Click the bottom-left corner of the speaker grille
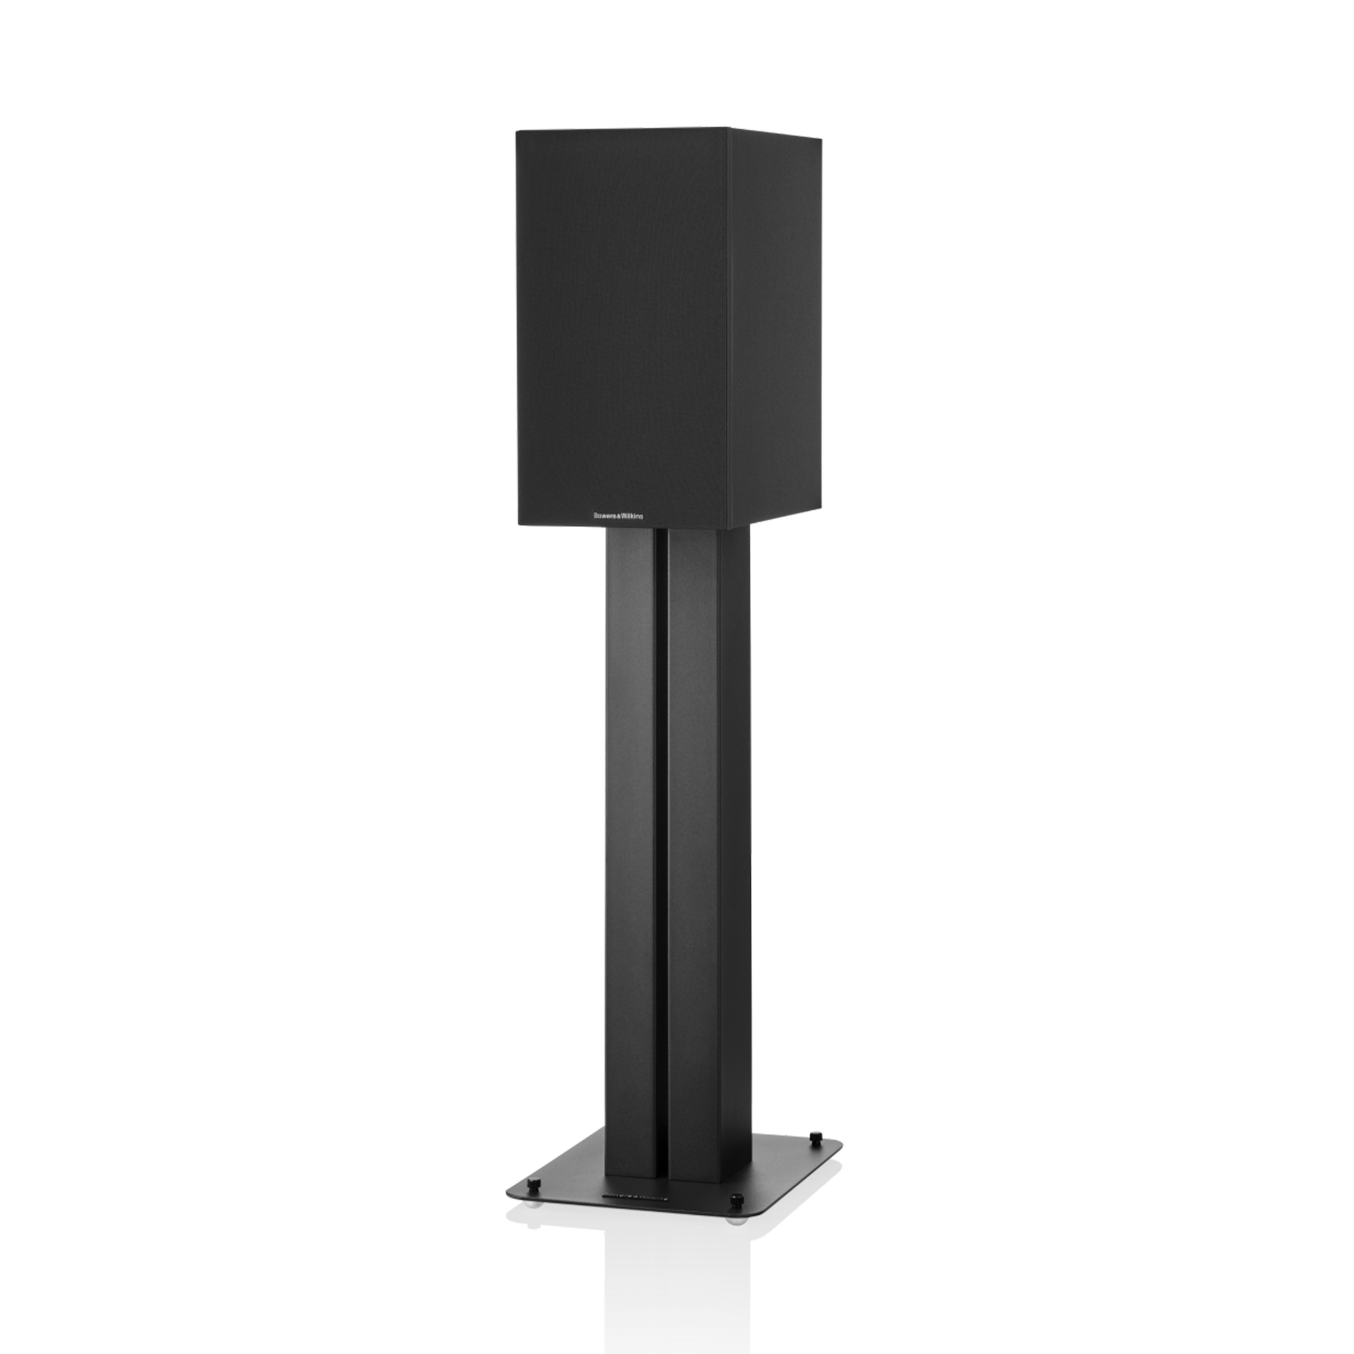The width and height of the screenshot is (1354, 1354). pyautogui.click(x=517, y=522)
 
